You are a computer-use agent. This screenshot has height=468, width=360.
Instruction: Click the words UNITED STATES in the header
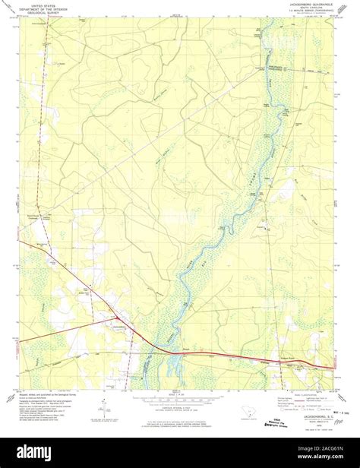click(43, 4)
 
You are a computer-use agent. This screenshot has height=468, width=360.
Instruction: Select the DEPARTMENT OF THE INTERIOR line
click(43, 8)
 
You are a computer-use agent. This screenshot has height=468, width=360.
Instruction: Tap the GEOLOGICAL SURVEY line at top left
click(43, 13)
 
